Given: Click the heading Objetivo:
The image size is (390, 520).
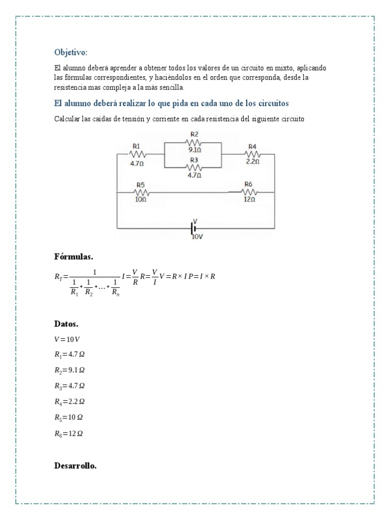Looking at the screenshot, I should coord(71,52).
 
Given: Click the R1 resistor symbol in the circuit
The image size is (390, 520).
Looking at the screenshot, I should coord(137,154).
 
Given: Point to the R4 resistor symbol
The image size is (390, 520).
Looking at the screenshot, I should coord(252,154).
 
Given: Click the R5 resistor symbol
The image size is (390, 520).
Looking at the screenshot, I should coord(141,192).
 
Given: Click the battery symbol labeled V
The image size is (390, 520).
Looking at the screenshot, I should coord(194,229).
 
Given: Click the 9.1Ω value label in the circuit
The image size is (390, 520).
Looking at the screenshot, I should coord(195,150).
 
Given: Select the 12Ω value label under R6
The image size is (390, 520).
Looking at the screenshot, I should coord(249,200).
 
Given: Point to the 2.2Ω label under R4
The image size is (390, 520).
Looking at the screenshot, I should coord(252,162).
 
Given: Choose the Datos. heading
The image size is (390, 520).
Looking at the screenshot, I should coord(66,323).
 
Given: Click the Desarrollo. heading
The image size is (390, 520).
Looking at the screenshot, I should coord(75,466).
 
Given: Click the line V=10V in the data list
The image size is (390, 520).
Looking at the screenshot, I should coord(67,339).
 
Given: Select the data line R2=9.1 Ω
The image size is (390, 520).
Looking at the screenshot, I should coord(69,370).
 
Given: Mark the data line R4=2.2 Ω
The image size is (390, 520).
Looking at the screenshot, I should coord(69,402).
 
